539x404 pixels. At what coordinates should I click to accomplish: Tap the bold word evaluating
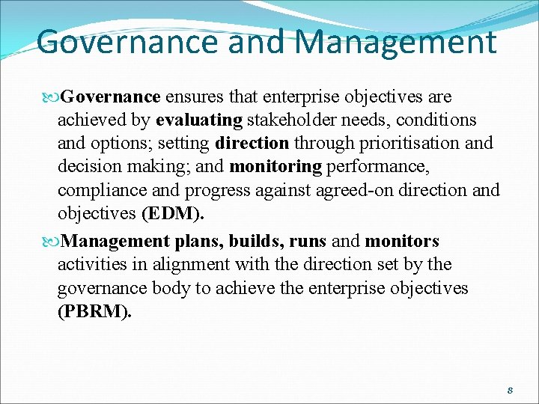tap(199, 120)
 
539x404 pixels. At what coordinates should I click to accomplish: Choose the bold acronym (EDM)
tap(172, 213)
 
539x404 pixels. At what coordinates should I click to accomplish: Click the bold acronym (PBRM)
tap(94, 312)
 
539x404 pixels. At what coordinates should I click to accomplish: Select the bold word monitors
tap(402, 241)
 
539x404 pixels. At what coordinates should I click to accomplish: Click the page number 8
tap(509, 391)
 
